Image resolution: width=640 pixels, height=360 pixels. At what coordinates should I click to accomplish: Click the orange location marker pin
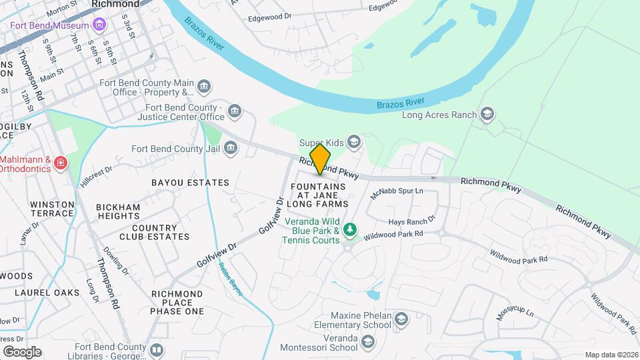click(321, 159)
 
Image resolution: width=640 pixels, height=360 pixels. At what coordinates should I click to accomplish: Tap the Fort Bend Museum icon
click(99, 25)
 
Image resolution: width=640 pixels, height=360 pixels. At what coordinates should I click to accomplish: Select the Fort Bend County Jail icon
click(231, 148)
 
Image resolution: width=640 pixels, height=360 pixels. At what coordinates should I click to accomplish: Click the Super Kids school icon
click(354, 141)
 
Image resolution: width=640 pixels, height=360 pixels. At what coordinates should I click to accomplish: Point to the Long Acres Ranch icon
click(487, 114)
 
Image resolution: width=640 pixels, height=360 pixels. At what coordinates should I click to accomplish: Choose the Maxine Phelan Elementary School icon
click(401, 319)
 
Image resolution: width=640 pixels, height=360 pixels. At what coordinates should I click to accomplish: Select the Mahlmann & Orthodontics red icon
click(61, 163)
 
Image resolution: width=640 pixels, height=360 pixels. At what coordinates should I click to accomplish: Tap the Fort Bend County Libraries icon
click(157, 349)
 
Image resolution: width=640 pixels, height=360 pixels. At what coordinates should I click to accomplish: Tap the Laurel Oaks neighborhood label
click(47, 292)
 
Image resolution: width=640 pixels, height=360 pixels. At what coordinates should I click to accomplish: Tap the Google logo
click(22, 351)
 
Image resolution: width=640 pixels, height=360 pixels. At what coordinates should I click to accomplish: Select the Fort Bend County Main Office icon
click(204, 87)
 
